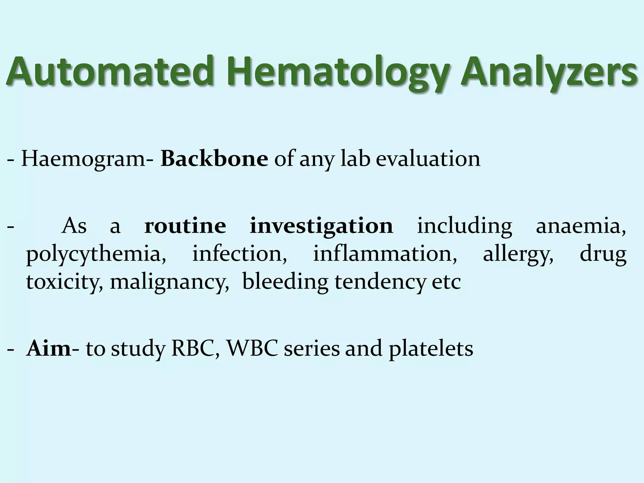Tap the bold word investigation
point(321,226)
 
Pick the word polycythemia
point(96,254)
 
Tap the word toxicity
point(64,282)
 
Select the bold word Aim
point(49,348)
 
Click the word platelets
point(430,349)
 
